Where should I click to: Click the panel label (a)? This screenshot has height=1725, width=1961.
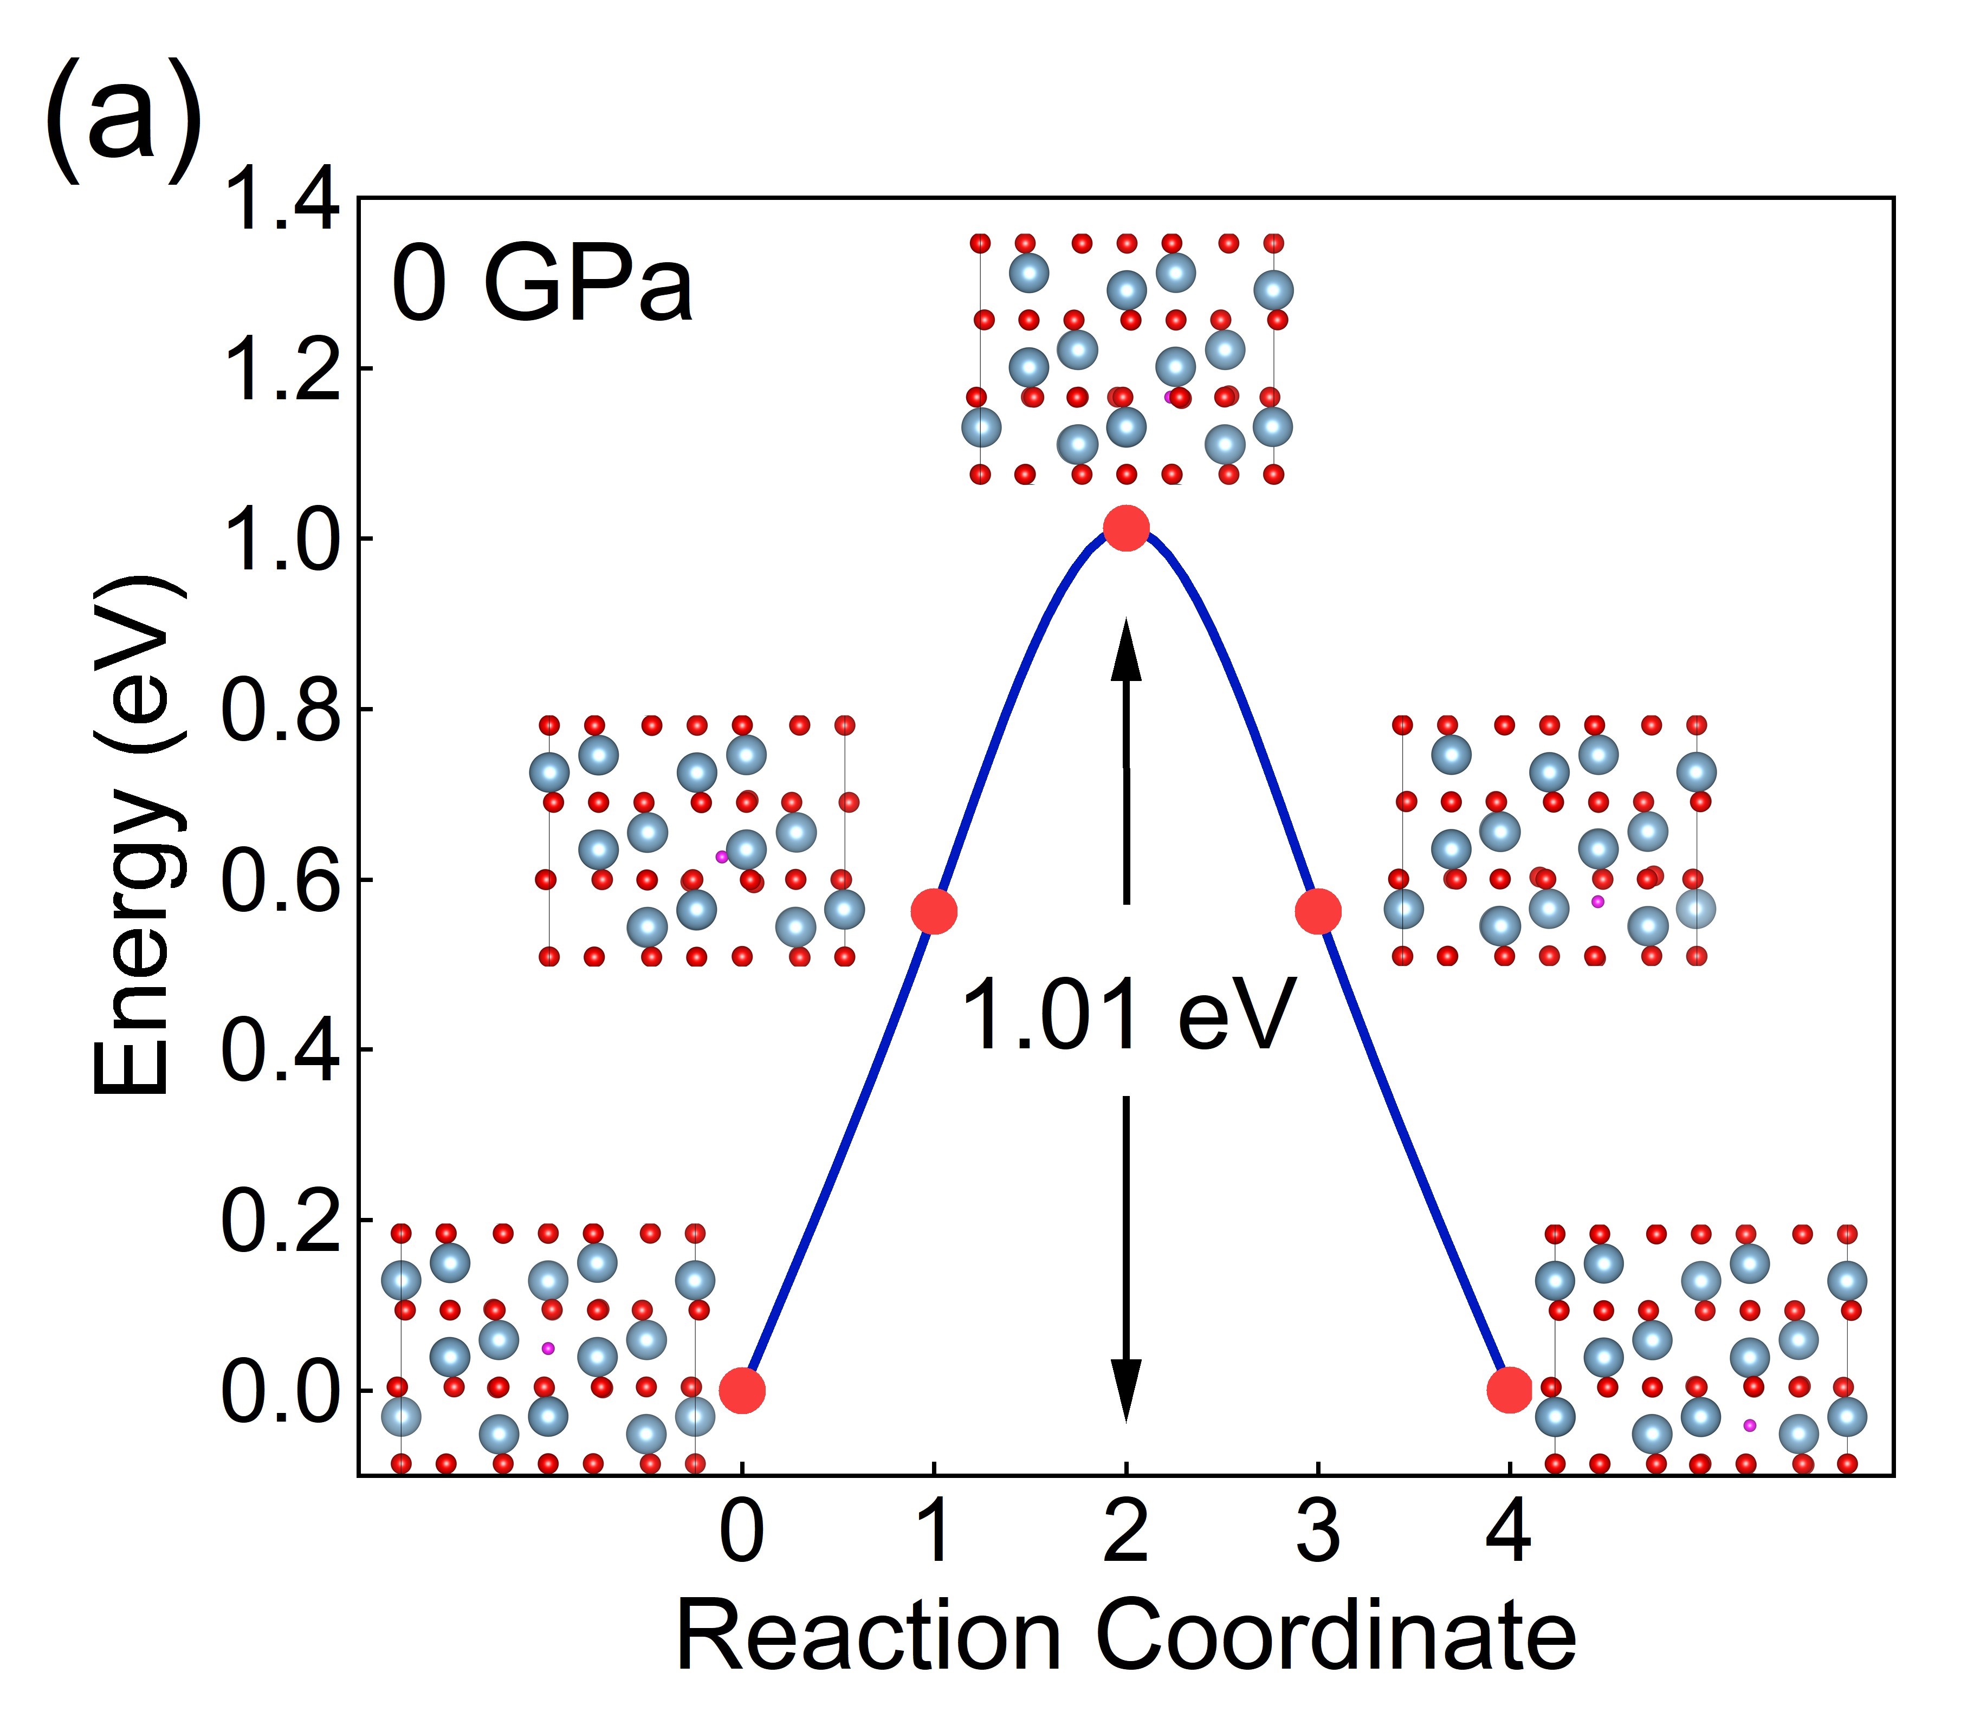tap(122, 120)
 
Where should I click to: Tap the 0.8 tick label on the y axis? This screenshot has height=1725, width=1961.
tap(280, 711)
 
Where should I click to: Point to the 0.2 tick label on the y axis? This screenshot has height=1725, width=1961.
tap(280, 1221)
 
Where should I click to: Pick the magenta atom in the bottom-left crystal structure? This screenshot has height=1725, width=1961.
tap(548, 1348)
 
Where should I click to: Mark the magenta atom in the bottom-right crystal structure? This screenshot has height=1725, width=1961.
tap(1749, 1425)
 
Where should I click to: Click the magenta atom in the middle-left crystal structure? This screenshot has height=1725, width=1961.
tap(721, 857)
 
